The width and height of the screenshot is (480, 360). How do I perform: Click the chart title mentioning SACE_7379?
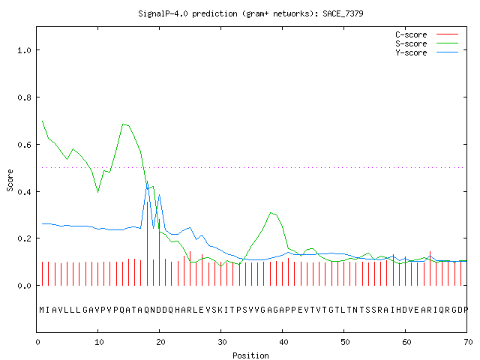pyautogui.click(x=250, y=13)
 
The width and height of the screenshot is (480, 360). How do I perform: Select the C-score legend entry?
pyautogui.click(x=427, y=34)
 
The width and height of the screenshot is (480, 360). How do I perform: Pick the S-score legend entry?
pyautogui.click(x=427, y=43)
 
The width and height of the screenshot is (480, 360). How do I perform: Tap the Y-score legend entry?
pyautogui.click(x=427, y=52)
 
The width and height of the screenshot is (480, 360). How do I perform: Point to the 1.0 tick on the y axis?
pyautogui.click(x=24, y=50)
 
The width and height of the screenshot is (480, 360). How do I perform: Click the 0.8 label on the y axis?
pyautogui.click(x=24, y=97)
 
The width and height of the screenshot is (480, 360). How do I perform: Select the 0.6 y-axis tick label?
pyautogui.click(x=24, y=145)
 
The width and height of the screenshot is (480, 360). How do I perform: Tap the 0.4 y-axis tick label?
pyautogui.click(x=24, y=192)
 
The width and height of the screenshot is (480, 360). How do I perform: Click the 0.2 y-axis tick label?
pyautogui.click(x=24, y=238)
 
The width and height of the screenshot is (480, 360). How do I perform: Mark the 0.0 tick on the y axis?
pyautogui.click(x=24, y=286)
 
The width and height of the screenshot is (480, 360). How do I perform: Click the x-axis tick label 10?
pyautogui.click(x=99, y=342)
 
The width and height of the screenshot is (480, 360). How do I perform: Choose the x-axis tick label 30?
pyautogui.click(x=222, y=342)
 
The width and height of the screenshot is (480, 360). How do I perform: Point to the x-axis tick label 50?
pyautogui.click(x=345, y=342)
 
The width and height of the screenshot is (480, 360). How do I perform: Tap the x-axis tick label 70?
pyautogui.click(x=468, y=342)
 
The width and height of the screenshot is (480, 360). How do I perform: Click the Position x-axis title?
pyautogui.click(x=250, y=355)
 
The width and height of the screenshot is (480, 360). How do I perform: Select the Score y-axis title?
pyautogui.click(x=10, y=180)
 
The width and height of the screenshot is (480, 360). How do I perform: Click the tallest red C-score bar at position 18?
pyautogui.click(x=148, y=244)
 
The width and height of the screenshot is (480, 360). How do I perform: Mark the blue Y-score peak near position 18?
pyautogui.click(x=148, y=181)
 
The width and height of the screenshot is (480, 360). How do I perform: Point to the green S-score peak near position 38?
pyautogui.click(x=271, y=212)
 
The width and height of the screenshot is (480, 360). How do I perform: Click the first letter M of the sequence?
pyautogui.click(x=42, y=310)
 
